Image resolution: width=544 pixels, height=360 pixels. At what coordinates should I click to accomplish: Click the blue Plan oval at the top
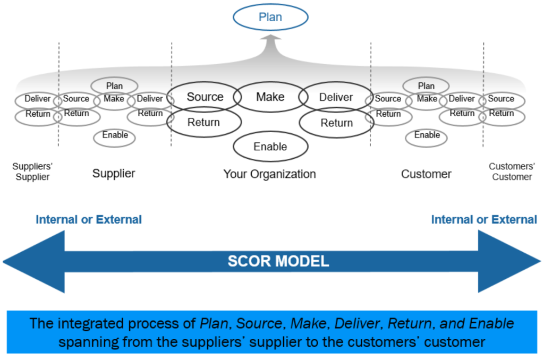[x=270, y=18]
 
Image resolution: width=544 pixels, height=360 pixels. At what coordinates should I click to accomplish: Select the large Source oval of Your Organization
[x=205, y=97]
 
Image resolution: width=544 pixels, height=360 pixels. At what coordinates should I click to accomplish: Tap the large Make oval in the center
[x=270, y=97]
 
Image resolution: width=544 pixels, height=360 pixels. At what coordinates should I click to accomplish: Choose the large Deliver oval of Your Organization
[x=336, y=97]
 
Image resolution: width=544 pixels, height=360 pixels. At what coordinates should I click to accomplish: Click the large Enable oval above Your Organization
[x=270, y=147]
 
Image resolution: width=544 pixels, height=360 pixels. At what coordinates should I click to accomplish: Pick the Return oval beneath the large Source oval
[x=204, y=123]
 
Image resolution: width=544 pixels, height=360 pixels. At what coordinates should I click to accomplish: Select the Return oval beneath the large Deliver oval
[x=336, y=123]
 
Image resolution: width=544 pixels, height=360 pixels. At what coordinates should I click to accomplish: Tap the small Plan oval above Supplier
[x=114, y=86]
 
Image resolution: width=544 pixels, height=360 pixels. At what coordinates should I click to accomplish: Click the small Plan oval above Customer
[x=426, y=86]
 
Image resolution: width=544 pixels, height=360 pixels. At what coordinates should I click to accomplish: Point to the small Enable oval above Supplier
[x=115, y=135]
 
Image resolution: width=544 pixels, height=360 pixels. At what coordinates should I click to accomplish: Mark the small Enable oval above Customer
[x=427, y=135]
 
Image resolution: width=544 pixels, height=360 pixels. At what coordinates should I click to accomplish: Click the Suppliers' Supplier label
[x=32, y=172]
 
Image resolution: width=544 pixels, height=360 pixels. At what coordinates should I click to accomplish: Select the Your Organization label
[x=269, y=174]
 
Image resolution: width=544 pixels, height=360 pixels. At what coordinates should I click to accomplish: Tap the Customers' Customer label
[x=512, y=172]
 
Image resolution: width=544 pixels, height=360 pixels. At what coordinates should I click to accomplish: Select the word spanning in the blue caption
[x=82, y=341]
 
